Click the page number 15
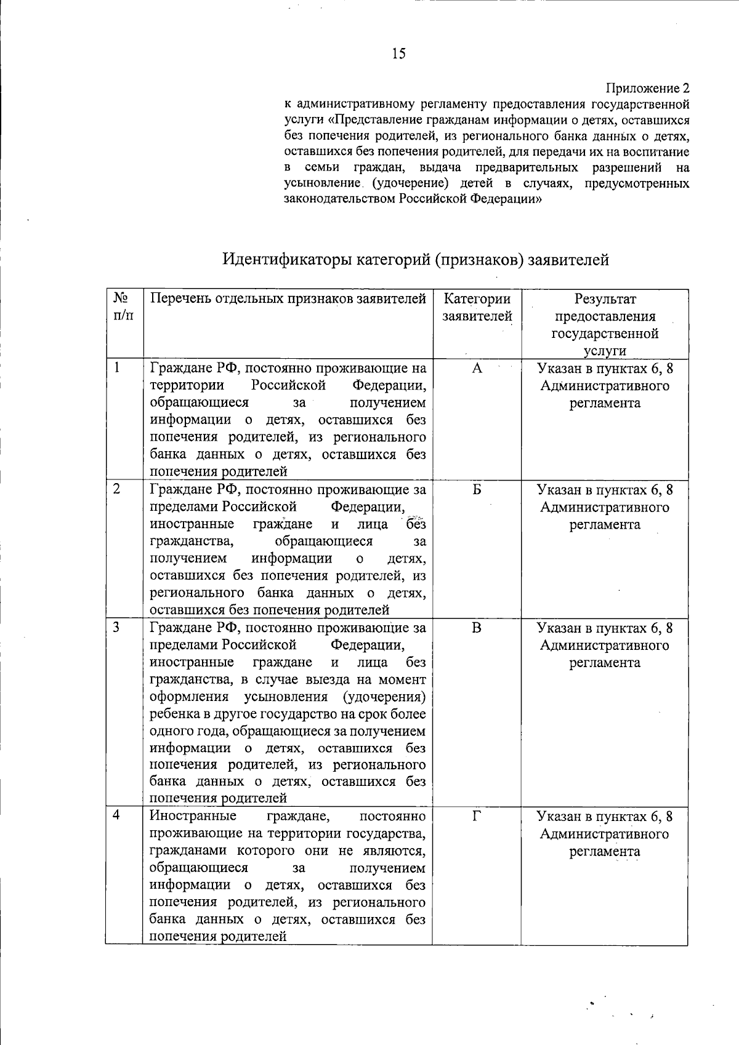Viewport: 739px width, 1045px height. click(398, 54)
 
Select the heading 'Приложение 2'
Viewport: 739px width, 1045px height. click(648, 89)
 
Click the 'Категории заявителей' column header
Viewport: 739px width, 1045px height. click(477, 307)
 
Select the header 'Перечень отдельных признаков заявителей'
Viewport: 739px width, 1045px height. click(288, 299)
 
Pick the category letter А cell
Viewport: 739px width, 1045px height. click(477, 369)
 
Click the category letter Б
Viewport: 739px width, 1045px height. click(477, 490)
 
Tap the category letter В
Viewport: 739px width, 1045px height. click(477, 628)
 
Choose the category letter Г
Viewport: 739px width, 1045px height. click(477, 817)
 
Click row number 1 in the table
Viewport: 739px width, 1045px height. click(116, 368)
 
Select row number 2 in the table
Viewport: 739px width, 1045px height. click(116, 489)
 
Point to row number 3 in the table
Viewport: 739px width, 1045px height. click(116, 628)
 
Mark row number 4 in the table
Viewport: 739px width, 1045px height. click(116, 816)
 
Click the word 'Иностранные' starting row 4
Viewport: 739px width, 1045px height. click(193, 817)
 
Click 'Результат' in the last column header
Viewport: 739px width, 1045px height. click(605, 299)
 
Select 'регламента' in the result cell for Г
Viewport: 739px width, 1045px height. click(604, 852)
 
